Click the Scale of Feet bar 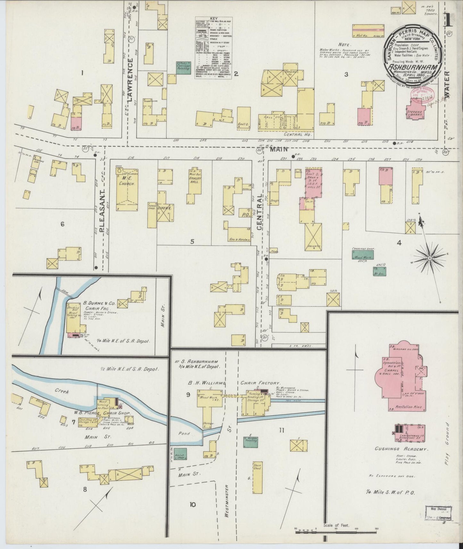tap(337, 532)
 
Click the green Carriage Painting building tap(182, 68)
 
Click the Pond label tap(184, 433)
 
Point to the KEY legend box tap(214, 47)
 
